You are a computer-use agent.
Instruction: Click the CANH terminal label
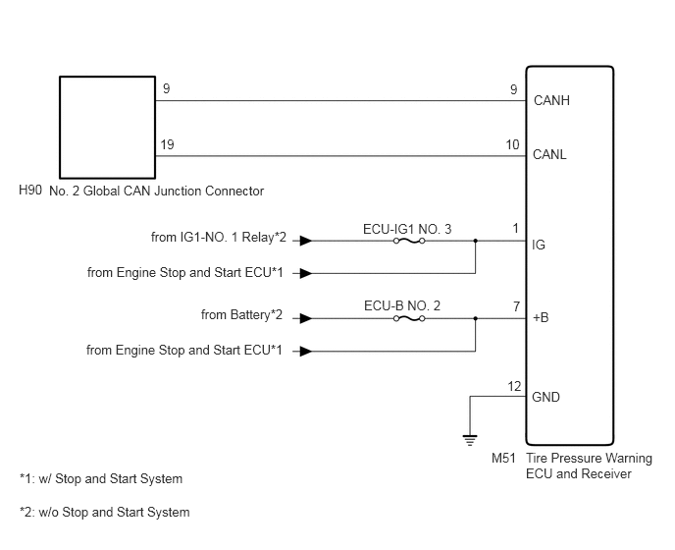point(551,100)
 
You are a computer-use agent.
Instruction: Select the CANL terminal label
point(549,154)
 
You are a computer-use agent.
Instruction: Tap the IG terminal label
point(539,245)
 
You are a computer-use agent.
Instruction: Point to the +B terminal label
point(541,317)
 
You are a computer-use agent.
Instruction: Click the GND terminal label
point(545,397)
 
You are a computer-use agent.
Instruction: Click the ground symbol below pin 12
point(470,440)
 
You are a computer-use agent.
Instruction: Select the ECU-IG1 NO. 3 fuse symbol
point(409,241)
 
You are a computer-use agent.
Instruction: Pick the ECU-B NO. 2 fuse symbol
point(409,318)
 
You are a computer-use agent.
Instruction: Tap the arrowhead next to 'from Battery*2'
point(306,318)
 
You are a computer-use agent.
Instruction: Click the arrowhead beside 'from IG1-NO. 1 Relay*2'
point(306,241)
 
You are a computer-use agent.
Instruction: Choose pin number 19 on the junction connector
point(167,144)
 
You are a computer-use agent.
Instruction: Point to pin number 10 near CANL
point(512,144)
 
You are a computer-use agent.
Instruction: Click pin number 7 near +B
point(517,306)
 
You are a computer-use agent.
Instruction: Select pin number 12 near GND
point(514,386)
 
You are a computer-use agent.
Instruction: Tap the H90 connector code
point(30,190)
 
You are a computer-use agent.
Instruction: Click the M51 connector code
point(503,458)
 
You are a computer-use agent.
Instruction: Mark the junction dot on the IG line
point(475,241)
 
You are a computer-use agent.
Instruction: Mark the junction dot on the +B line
point(475,318)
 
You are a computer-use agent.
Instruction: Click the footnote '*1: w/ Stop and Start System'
point(101,479)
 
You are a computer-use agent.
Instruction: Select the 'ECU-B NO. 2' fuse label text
point(402,305)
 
